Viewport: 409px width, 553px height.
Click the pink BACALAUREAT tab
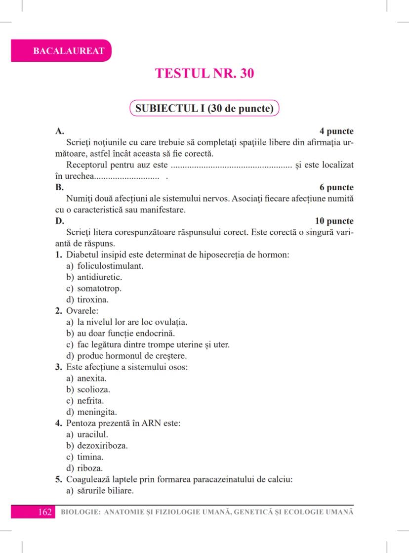click(x=61, y=51)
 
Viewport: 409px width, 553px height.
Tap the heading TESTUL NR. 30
click(x=204, y=74)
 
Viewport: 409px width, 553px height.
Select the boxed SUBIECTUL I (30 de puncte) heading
click(x=204, y=108)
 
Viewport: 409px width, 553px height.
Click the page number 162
click(x=44, y=511)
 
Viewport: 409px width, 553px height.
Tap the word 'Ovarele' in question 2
click(x=81, y=311)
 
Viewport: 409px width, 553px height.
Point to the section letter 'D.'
click(x=59, y=221)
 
